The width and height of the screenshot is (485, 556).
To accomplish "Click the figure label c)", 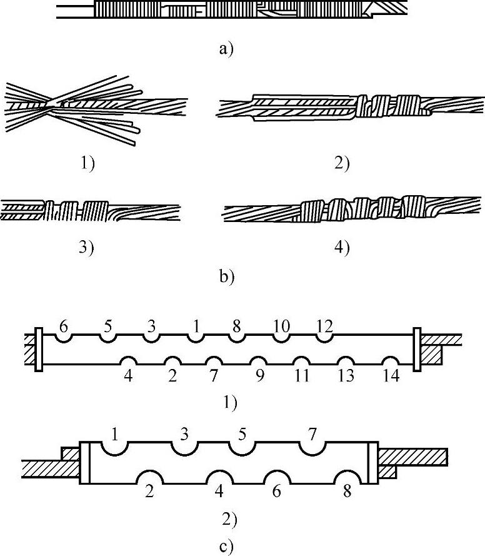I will (227, 547).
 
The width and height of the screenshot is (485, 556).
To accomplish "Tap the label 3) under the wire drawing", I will (86, 247).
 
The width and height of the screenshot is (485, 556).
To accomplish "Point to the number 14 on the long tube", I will (391, 376).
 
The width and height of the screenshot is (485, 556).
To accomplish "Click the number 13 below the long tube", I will (346, 376).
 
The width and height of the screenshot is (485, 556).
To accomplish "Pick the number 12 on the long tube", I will (324, 326).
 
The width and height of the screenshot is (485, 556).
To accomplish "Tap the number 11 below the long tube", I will (302, 376).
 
